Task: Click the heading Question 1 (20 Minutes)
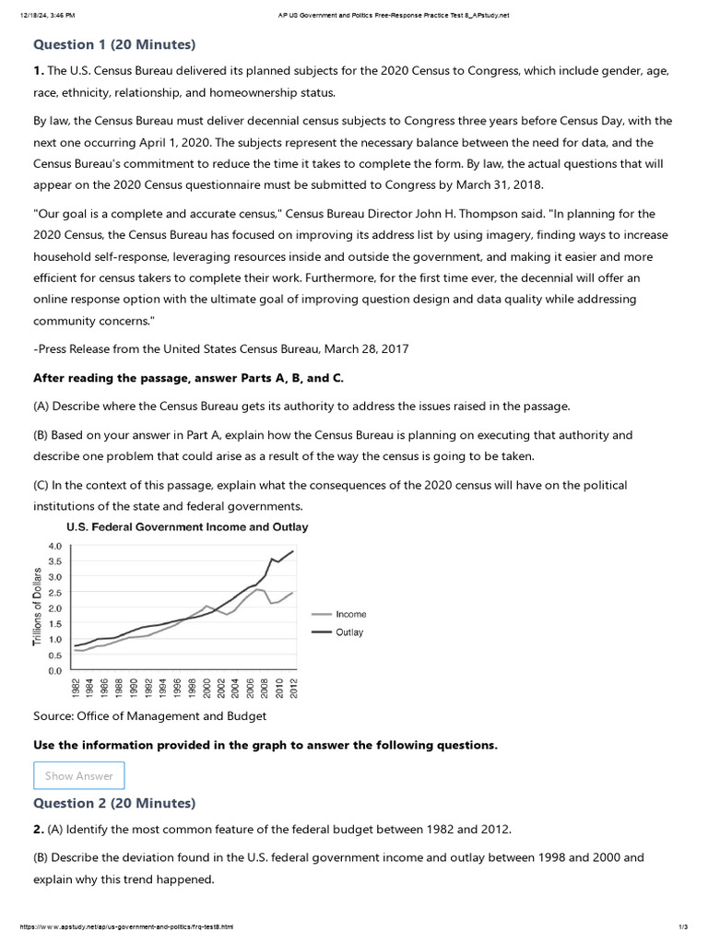click(x=114, y=44)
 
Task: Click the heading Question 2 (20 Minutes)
click(x=114, y=803)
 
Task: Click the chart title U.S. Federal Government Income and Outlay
click(x=186, y=527)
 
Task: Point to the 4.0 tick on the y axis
click(x=54, y=546)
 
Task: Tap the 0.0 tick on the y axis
click(x=54, y=671)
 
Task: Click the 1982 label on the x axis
click(x=76, y=689)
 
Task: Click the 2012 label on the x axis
click(x=293, y=689)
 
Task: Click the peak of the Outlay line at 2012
click(x=293, y=551)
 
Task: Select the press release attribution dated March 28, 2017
click(x=220, y=348)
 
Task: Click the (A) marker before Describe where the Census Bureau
click(x=41, y=406)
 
